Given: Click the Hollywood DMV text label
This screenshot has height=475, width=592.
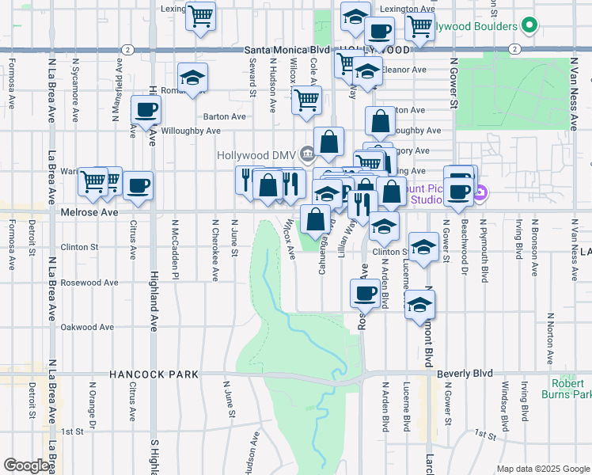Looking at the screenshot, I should point(253,154).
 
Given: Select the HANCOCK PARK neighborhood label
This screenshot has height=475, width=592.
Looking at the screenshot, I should point(146,374).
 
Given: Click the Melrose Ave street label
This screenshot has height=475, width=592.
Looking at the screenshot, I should point(89,212).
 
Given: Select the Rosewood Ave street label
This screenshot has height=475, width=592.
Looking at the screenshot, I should point(89,283).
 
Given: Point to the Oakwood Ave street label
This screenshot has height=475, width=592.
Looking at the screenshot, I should point(88,327).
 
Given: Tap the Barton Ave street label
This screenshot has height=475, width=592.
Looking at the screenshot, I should point(224,116).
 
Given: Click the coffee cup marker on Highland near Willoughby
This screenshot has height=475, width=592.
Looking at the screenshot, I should point(145,111).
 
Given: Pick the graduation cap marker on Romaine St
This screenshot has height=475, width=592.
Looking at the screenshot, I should point(192,78).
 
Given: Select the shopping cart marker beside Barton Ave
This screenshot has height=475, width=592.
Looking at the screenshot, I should point(306,101).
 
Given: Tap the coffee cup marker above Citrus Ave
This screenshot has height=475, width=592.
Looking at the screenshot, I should point(139,186).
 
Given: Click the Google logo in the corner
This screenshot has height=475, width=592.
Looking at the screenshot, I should point(26,465).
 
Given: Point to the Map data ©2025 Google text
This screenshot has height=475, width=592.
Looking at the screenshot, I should point(543,469).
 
